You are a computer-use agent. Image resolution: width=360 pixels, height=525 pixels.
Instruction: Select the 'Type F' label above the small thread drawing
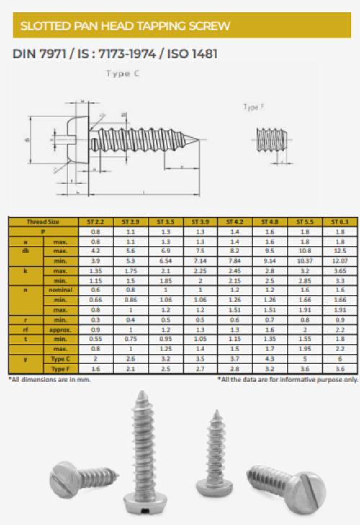click(x=253, y=107)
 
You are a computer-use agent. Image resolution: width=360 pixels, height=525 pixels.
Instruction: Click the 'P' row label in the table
click(x=43, y=233)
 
